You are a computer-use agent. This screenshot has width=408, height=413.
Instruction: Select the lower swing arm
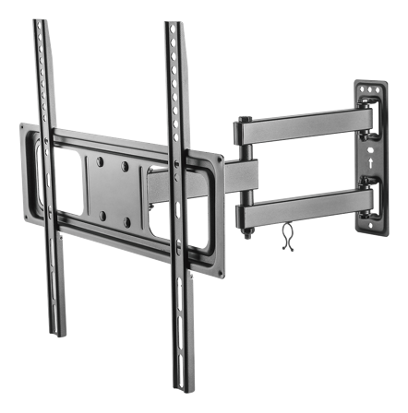click(x=305, y=205)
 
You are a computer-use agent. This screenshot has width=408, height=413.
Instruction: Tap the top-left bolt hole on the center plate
click(x=101, y=167)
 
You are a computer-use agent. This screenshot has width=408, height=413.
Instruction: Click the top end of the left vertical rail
click(x=38, y=25)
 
